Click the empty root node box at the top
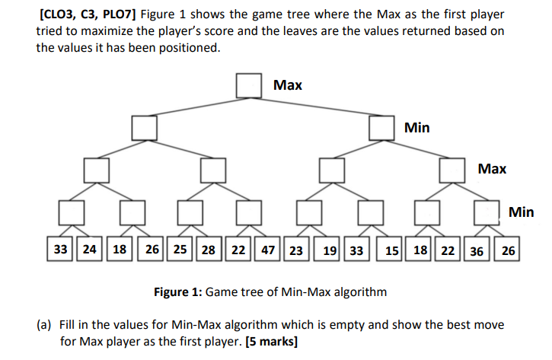[x=248, y=85]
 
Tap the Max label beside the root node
[x=288, y=84]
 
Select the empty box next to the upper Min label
[x=382, y=127]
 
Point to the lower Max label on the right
[x=492, y=169]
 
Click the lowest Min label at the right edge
[x=522, y=212]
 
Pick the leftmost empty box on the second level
[x=145, y=127]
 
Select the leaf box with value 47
[x=268, y=250]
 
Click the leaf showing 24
[x=89, y=250]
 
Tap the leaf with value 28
[x=209, y=250]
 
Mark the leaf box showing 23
[x=297, y=250]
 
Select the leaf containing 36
[x=478, y=250]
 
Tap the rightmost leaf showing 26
[x=508, y=250]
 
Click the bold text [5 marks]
[x=272, y=341]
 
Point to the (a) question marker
[x=45, y=325]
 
